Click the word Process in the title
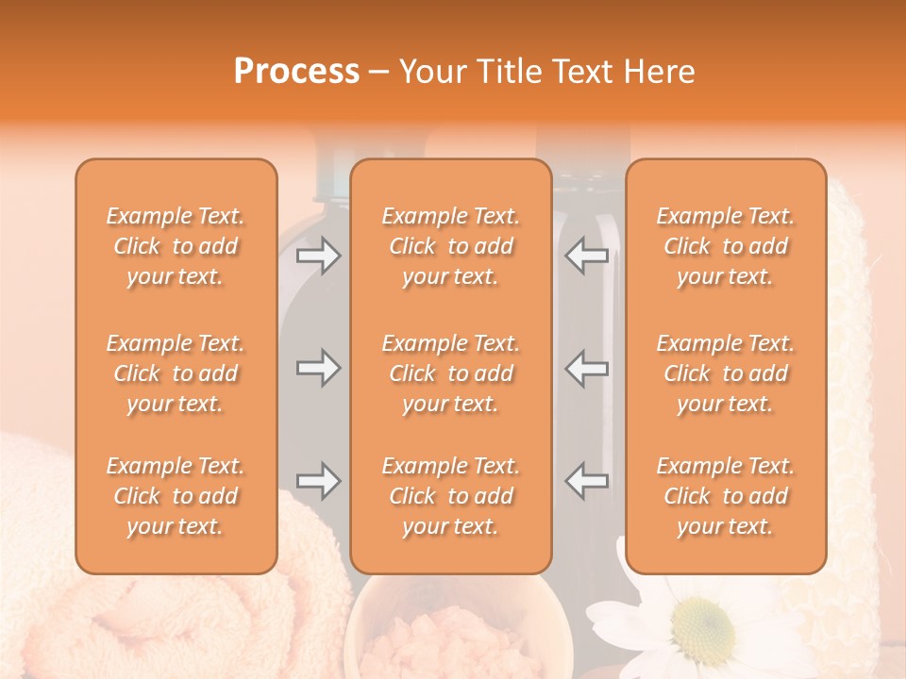click(296, 72)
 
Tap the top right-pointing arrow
click(318, 256)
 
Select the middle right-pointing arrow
click(318, 368)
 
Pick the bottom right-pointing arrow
click(318, 481)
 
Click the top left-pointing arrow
click(587, 256)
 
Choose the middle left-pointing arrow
click(587, 368)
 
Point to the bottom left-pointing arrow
click(587, 481)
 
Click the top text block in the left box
click(176, 246)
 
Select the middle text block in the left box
click(176, 373)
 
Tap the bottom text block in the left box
click(176, 496)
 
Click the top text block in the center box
click(451, 246)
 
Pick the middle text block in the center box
click(451, 373)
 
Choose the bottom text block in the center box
click(451, 496)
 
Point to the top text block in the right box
click(726, 246)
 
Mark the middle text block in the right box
click(726, 373)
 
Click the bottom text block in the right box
click(726, 496)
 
